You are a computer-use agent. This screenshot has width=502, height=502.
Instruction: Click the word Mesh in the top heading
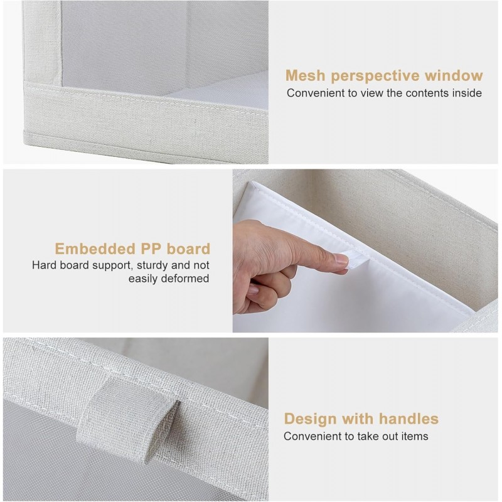306,76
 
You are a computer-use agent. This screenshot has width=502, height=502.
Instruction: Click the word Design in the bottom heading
307,419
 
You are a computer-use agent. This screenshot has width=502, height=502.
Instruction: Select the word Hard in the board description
44,265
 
